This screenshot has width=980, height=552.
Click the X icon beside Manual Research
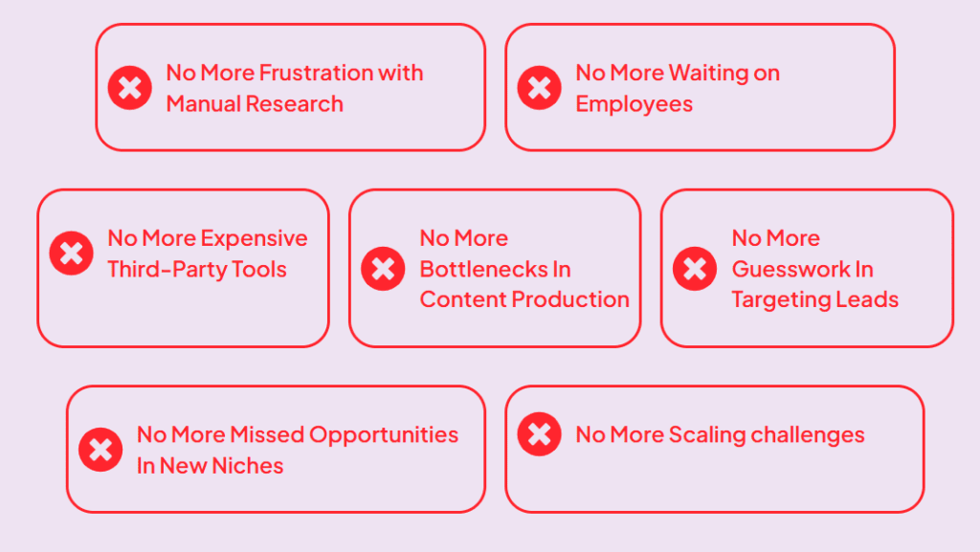tap(130, 88)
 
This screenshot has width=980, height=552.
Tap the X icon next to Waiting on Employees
tap(540, 88)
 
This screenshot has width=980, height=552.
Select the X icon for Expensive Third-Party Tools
tap(71, 253)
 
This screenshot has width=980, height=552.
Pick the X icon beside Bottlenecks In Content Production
tap(383, 269)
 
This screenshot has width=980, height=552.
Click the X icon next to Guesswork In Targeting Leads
tap(695, 269)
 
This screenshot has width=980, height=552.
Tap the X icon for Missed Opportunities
tap(100, 450)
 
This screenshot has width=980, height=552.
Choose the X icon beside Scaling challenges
tap(540, 434)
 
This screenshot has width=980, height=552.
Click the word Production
tap(570, 299)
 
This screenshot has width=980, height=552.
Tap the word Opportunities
tap(384, 436)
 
